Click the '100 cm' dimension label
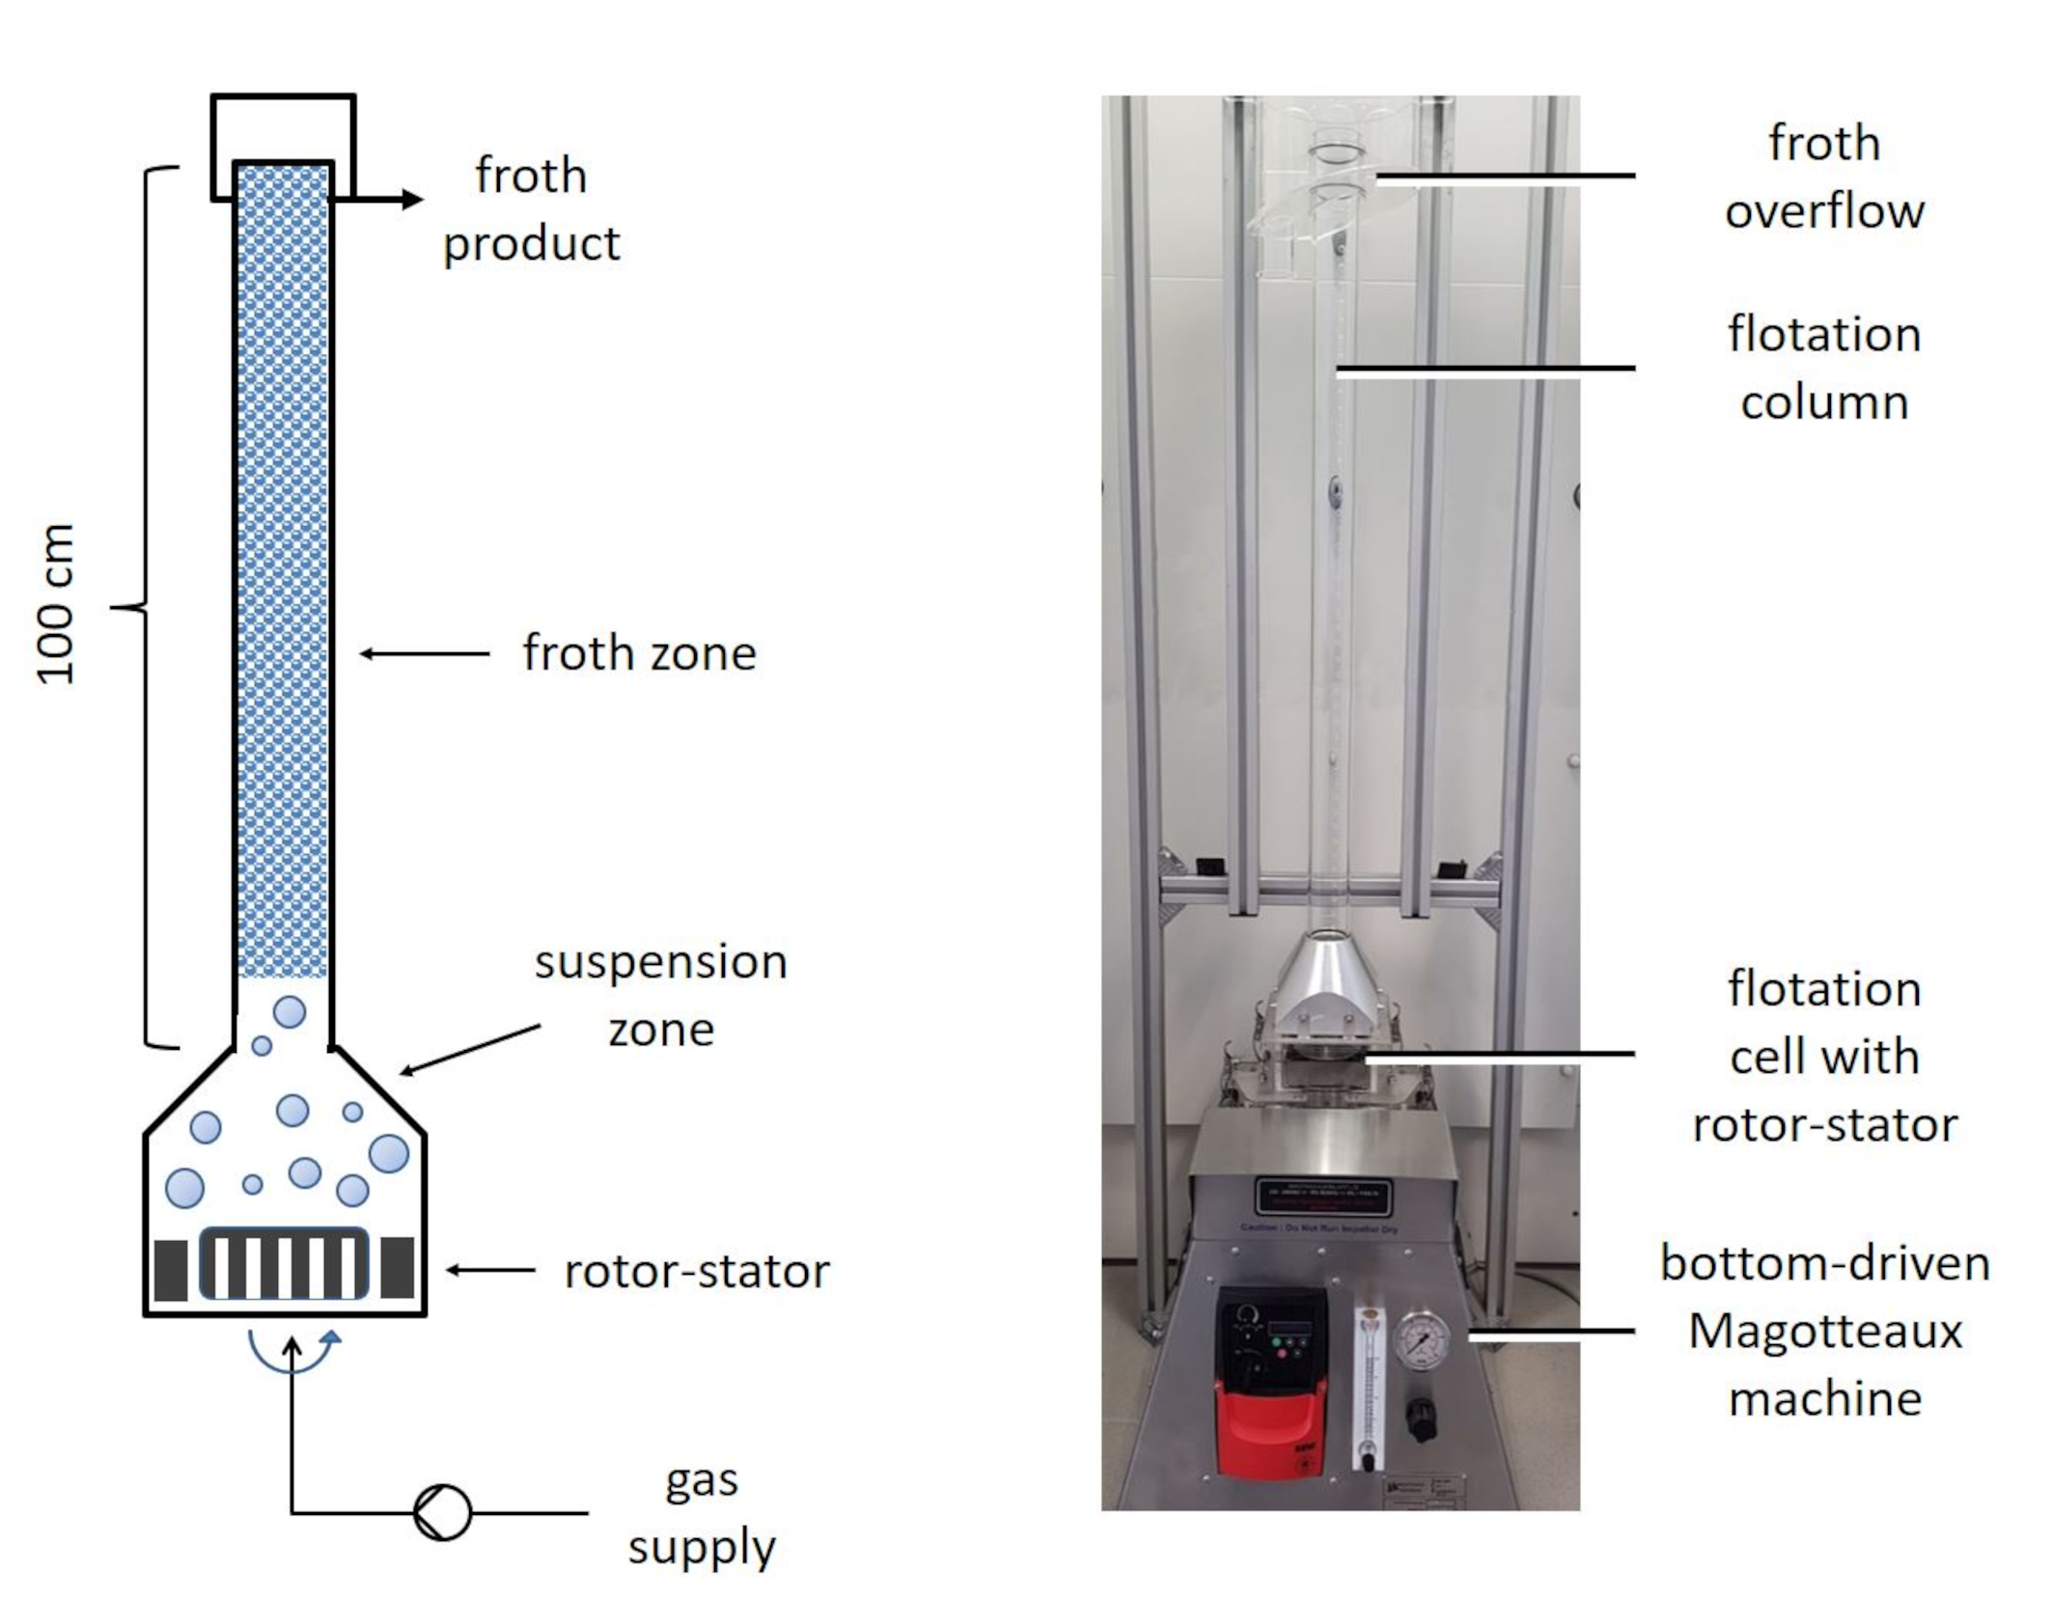55,604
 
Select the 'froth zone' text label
639,653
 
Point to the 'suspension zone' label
661,995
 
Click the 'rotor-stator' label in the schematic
696,1271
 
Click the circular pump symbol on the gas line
442,1512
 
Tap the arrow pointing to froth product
386,200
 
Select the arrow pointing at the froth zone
425,653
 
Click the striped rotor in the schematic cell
284,1264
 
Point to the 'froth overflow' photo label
1824,177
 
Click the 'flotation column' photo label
1824,368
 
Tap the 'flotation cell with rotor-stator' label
1824,1056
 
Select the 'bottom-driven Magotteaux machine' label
1824,1331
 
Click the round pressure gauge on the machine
1422,1339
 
